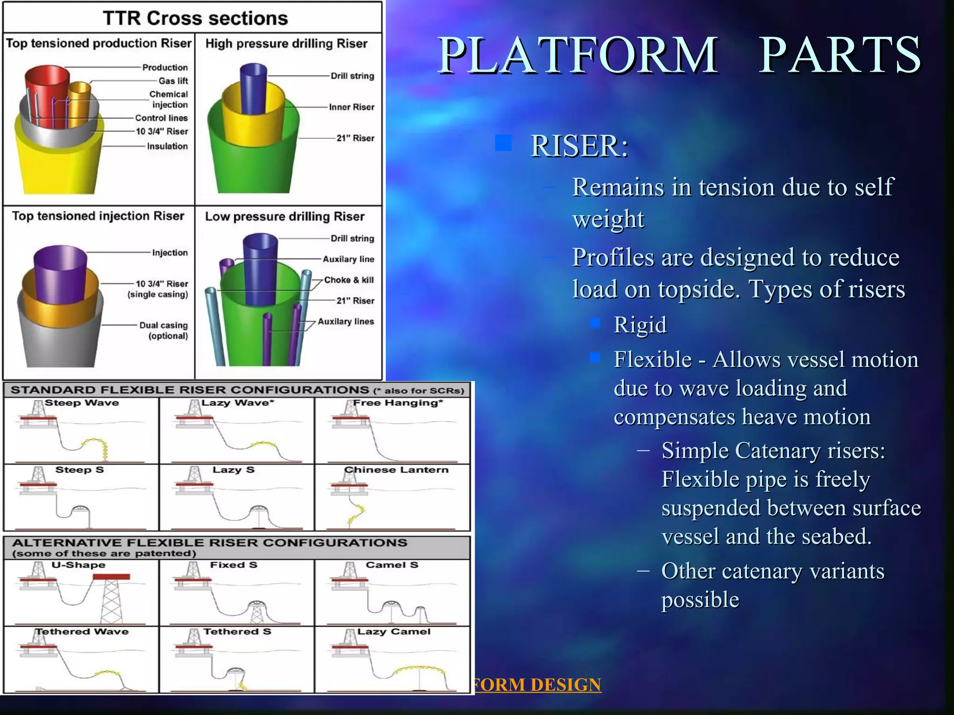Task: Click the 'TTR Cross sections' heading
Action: tap(195, 19)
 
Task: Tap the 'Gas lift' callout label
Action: tap(173, 81)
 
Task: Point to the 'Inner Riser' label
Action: tap(351, 107)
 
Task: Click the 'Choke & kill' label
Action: tap(349, 280)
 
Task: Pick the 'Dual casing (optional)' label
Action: tap(164, 331)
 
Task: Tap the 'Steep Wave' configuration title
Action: tap(82, 403)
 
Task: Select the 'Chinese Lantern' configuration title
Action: tap(396, 470)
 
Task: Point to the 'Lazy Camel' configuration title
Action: tap(394, 632)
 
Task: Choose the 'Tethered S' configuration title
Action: tap(237, 632)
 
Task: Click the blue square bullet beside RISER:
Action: tap(503, 143)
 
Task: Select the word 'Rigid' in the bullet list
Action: tap(640, 324)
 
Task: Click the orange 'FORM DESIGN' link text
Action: tap(537, 685)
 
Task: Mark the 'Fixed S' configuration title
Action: tap(233, 565)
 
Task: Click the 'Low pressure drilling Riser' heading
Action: tap(285, 216)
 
